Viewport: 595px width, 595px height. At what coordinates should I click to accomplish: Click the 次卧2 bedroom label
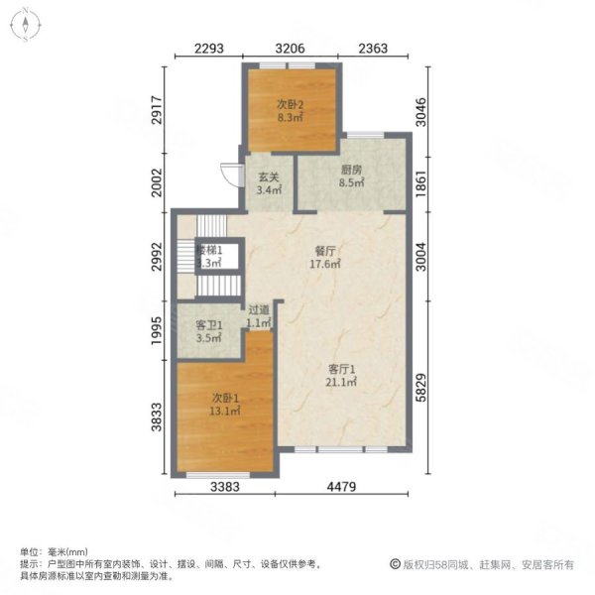290,103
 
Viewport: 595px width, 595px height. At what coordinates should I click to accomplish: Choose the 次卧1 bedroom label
223,399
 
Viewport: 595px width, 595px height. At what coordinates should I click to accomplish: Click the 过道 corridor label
259,309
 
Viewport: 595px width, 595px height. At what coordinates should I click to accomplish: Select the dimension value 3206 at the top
290,49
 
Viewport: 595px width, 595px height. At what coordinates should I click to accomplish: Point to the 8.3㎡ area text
290,116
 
